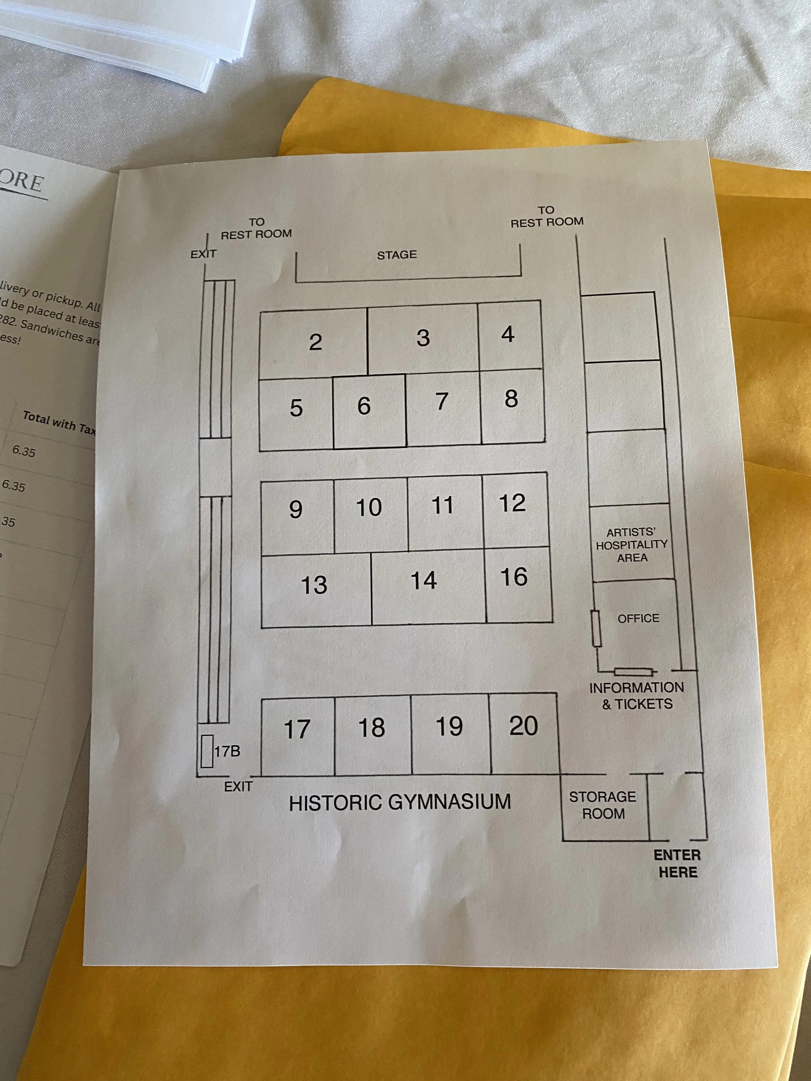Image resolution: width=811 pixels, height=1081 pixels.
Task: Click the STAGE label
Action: pyautogui.click(x=396, y=255)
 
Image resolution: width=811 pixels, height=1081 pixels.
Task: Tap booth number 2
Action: pyautogui.click(x=315, y=342)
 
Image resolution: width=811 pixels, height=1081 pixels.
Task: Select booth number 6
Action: pyautogui.click(x=364, y=406)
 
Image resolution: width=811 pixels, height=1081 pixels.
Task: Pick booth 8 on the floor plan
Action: pyautogui.click(x=511, y=399)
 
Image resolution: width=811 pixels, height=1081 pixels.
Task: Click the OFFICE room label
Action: pyautogui.click(x=638, y=619)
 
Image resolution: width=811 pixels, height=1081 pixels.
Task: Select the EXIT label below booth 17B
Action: pyautogui.click(x=238, y=787)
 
